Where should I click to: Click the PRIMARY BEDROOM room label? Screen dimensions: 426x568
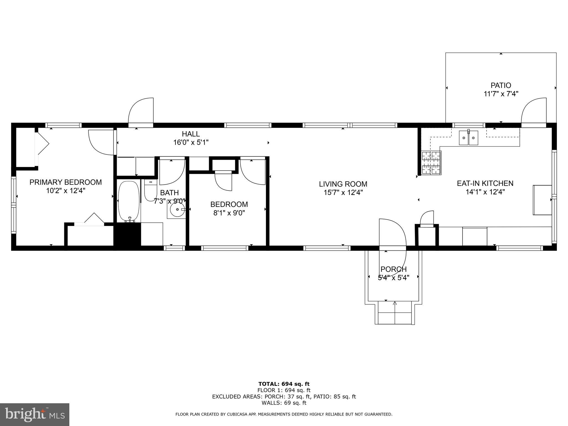pos(65,182)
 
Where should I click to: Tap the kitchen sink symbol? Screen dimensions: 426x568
pos(468,138)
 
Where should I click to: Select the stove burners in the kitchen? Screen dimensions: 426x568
pos(431,163)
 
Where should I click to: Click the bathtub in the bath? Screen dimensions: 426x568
pos(129,201)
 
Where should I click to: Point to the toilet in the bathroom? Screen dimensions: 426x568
pos(151,190)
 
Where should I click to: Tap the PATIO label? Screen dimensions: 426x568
pos(501,85)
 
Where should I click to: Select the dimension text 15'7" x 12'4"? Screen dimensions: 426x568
pos(343,192)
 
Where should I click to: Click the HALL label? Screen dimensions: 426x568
pos(191,134)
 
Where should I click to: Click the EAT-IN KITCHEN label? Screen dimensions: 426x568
pos(485,183)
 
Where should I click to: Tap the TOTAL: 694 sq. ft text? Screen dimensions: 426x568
pos(284,384)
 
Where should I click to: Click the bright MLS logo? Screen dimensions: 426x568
pos(35,414)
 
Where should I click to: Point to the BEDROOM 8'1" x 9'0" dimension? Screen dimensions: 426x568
pos(229,213)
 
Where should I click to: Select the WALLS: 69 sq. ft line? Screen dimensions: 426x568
pos(284,403)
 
